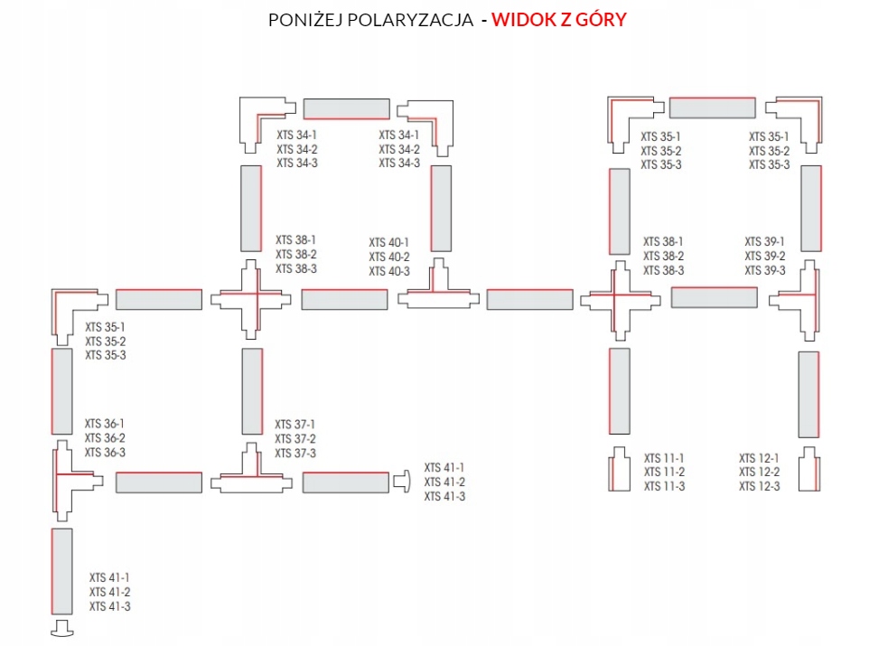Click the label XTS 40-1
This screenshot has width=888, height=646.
coord(388,243)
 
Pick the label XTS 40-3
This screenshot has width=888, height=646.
coord(388,272)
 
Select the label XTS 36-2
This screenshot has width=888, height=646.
coord(105,438)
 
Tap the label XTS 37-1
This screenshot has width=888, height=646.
coord(295,425)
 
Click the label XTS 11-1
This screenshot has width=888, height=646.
coord(664,458)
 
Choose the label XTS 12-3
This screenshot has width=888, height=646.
coord(759,487)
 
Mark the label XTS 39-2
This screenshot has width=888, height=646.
coord(765,257)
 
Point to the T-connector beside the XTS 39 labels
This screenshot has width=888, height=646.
coord(803,298)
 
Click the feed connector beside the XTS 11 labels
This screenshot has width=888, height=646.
coord(619,470)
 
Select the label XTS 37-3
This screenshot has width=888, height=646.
coord(295,454)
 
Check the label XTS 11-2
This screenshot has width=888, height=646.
coord(664,473)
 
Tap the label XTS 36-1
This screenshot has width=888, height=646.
coord(105,424)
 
